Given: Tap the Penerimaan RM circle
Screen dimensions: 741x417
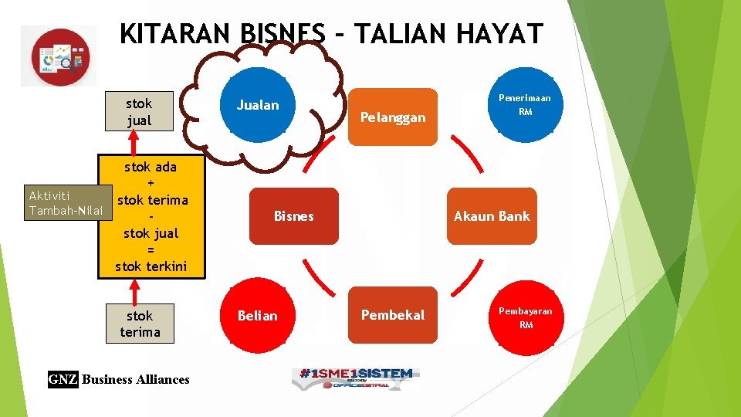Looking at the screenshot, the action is (x=525, y=105).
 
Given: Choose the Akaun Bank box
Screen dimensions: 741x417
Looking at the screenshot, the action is (x=492, y=216).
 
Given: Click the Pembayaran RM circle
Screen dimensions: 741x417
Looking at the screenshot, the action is (x=525, y=317).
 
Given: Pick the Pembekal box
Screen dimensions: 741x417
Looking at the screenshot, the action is (x=392, y=315).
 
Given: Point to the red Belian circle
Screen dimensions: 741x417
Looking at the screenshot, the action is (x=258, y=316).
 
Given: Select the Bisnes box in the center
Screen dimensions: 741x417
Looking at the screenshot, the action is (x=294, y=216).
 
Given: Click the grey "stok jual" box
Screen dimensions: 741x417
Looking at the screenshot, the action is (x=139, y=112).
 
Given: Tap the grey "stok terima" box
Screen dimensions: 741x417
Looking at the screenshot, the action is (x=140, y=324).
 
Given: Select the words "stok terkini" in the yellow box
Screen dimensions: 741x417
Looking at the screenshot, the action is (x=151, y=266).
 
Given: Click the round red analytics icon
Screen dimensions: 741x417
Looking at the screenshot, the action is (x=60, y=56).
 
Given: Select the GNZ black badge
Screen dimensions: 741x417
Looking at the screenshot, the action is (x=63, y=379).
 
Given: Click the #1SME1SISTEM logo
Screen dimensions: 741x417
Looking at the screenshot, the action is (x=354, y=376).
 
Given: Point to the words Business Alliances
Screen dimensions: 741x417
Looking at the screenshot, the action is (x=135, y=379).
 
